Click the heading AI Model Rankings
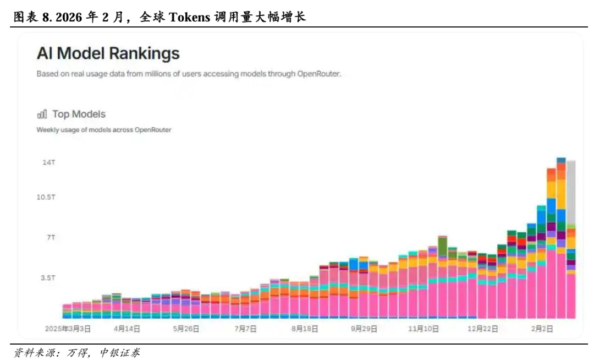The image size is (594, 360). tap(108, 53)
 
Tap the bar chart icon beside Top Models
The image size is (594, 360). tap(42, 114)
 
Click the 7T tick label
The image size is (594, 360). tap(50, 237)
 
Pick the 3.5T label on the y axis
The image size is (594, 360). tap(48, 278)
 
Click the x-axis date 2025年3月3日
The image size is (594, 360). tap(68, 329)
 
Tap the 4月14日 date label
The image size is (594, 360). tap(127, 329)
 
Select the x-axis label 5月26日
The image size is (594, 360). tap(186, 329)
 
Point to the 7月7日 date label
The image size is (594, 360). tap(245, 329)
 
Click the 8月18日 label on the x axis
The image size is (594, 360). tap(305, 329)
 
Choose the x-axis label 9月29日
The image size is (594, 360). tap(364, 329)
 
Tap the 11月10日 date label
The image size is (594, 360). tap(424, 329)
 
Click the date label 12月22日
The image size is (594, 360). tap(483, 329)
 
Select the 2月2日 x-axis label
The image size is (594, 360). tap(542, 329)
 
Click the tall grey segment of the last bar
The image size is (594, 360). tap(571, 193)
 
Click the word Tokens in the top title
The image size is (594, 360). tap(189, 17)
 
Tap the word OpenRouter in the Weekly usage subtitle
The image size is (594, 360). tap(153, 130)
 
